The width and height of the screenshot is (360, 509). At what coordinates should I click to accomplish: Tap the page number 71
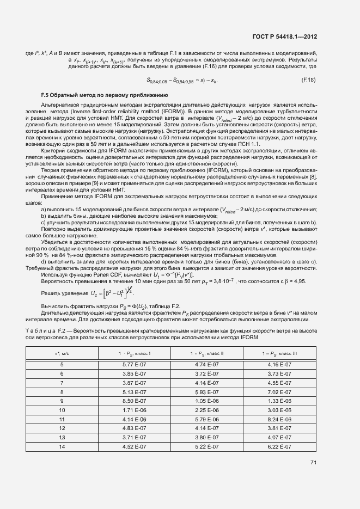click(x=313, y=463)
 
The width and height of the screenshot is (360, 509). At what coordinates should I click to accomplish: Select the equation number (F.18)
click(x=308, y=80)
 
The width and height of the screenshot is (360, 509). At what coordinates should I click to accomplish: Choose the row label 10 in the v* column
click(x=62, y=410)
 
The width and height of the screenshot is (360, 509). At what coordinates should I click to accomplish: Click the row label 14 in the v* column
click(x=62, y=447)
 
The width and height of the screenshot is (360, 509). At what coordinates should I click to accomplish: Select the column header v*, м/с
click(x=62, y=354)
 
